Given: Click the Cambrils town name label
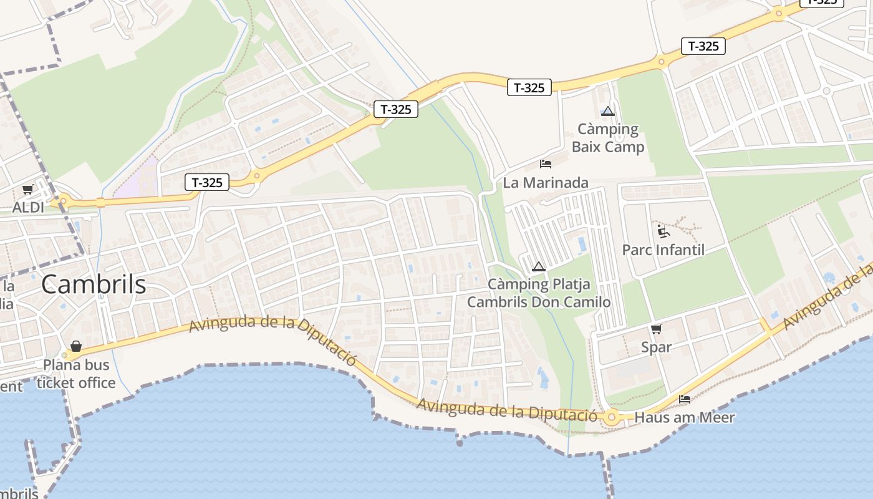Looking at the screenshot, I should tap(94, 285).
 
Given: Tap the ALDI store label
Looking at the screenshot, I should tap(29, 207).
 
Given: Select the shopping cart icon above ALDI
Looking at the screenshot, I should tap(27, 189).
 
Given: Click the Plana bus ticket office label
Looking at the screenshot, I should tap(76, 374).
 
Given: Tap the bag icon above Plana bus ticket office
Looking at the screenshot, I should tap(76, 346).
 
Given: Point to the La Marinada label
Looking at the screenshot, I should tap(546, 183).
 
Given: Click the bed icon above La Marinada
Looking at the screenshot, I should tap(546, 164).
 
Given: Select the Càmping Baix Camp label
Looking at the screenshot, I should tap(608, 138).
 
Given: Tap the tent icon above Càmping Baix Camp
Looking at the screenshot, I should tap(608, 112).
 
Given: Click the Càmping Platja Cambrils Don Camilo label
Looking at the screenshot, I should tap(539, 293).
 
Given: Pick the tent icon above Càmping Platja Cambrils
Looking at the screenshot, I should tap(539, 267).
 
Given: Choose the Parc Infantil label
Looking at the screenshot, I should tap(663, 250).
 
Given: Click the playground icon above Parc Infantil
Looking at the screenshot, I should tap(663, 232).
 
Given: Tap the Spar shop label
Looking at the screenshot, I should tap(657, 347).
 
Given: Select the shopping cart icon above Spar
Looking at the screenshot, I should tap(656, 329).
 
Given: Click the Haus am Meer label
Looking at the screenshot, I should tap(685, 418).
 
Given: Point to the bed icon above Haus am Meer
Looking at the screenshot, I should tap(685, 399).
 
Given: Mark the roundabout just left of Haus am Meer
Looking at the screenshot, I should tap(611, 417).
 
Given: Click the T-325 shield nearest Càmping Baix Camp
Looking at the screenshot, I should tap(529, 88).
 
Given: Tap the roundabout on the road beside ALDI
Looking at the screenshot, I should tap(62, 201).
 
